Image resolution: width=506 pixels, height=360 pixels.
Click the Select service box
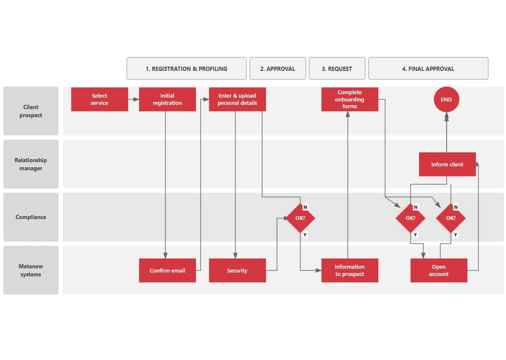(x=99, y=99)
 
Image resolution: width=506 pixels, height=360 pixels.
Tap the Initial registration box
(x=167, y=99)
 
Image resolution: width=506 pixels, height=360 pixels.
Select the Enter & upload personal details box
(x=237, y=99)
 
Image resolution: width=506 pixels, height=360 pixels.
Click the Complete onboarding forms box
(x=349, y=99)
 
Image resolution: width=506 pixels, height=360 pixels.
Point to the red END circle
(x=446, y=99)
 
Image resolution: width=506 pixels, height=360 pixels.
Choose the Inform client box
(x=447, y=164)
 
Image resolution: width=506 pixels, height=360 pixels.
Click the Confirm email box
(x=167, y=270)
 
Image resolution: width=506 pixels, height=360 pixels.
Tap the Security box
(x=237, y=270)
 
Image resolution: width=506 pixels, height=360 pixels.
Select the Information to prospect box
(x=349, y=270)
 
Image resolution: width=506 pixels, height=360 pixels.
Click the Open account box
(x=439, y=270)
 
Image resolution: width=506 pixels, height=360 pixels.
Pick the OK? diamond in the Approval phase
(x=300, y=218)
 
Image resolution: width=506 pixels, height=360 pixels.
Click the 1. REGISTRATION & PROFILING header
(x=186, y=68)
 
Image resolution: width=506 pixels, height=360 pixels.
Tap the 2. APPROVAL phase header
(x=277, y=68)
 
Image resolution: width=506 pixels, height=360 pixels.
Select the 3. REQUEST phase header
(x=337, y=68)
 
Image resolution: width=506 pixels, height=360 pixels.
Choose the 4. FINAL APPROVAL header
(x=428, y=68)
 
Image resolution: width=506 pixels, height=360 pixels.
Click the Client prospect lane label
(x=31, y=111)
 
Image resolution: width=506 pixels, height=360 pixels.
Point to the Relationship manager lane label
(x=31, y=164)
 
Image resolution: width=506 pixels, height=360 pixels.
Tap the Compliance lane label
(x=31, y=217)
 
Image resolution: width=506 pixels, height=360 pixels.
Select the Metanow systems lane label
(x=31, y=270)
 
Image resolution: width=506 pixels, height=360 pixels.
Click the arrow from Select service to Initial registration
(x=134, y=99)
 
